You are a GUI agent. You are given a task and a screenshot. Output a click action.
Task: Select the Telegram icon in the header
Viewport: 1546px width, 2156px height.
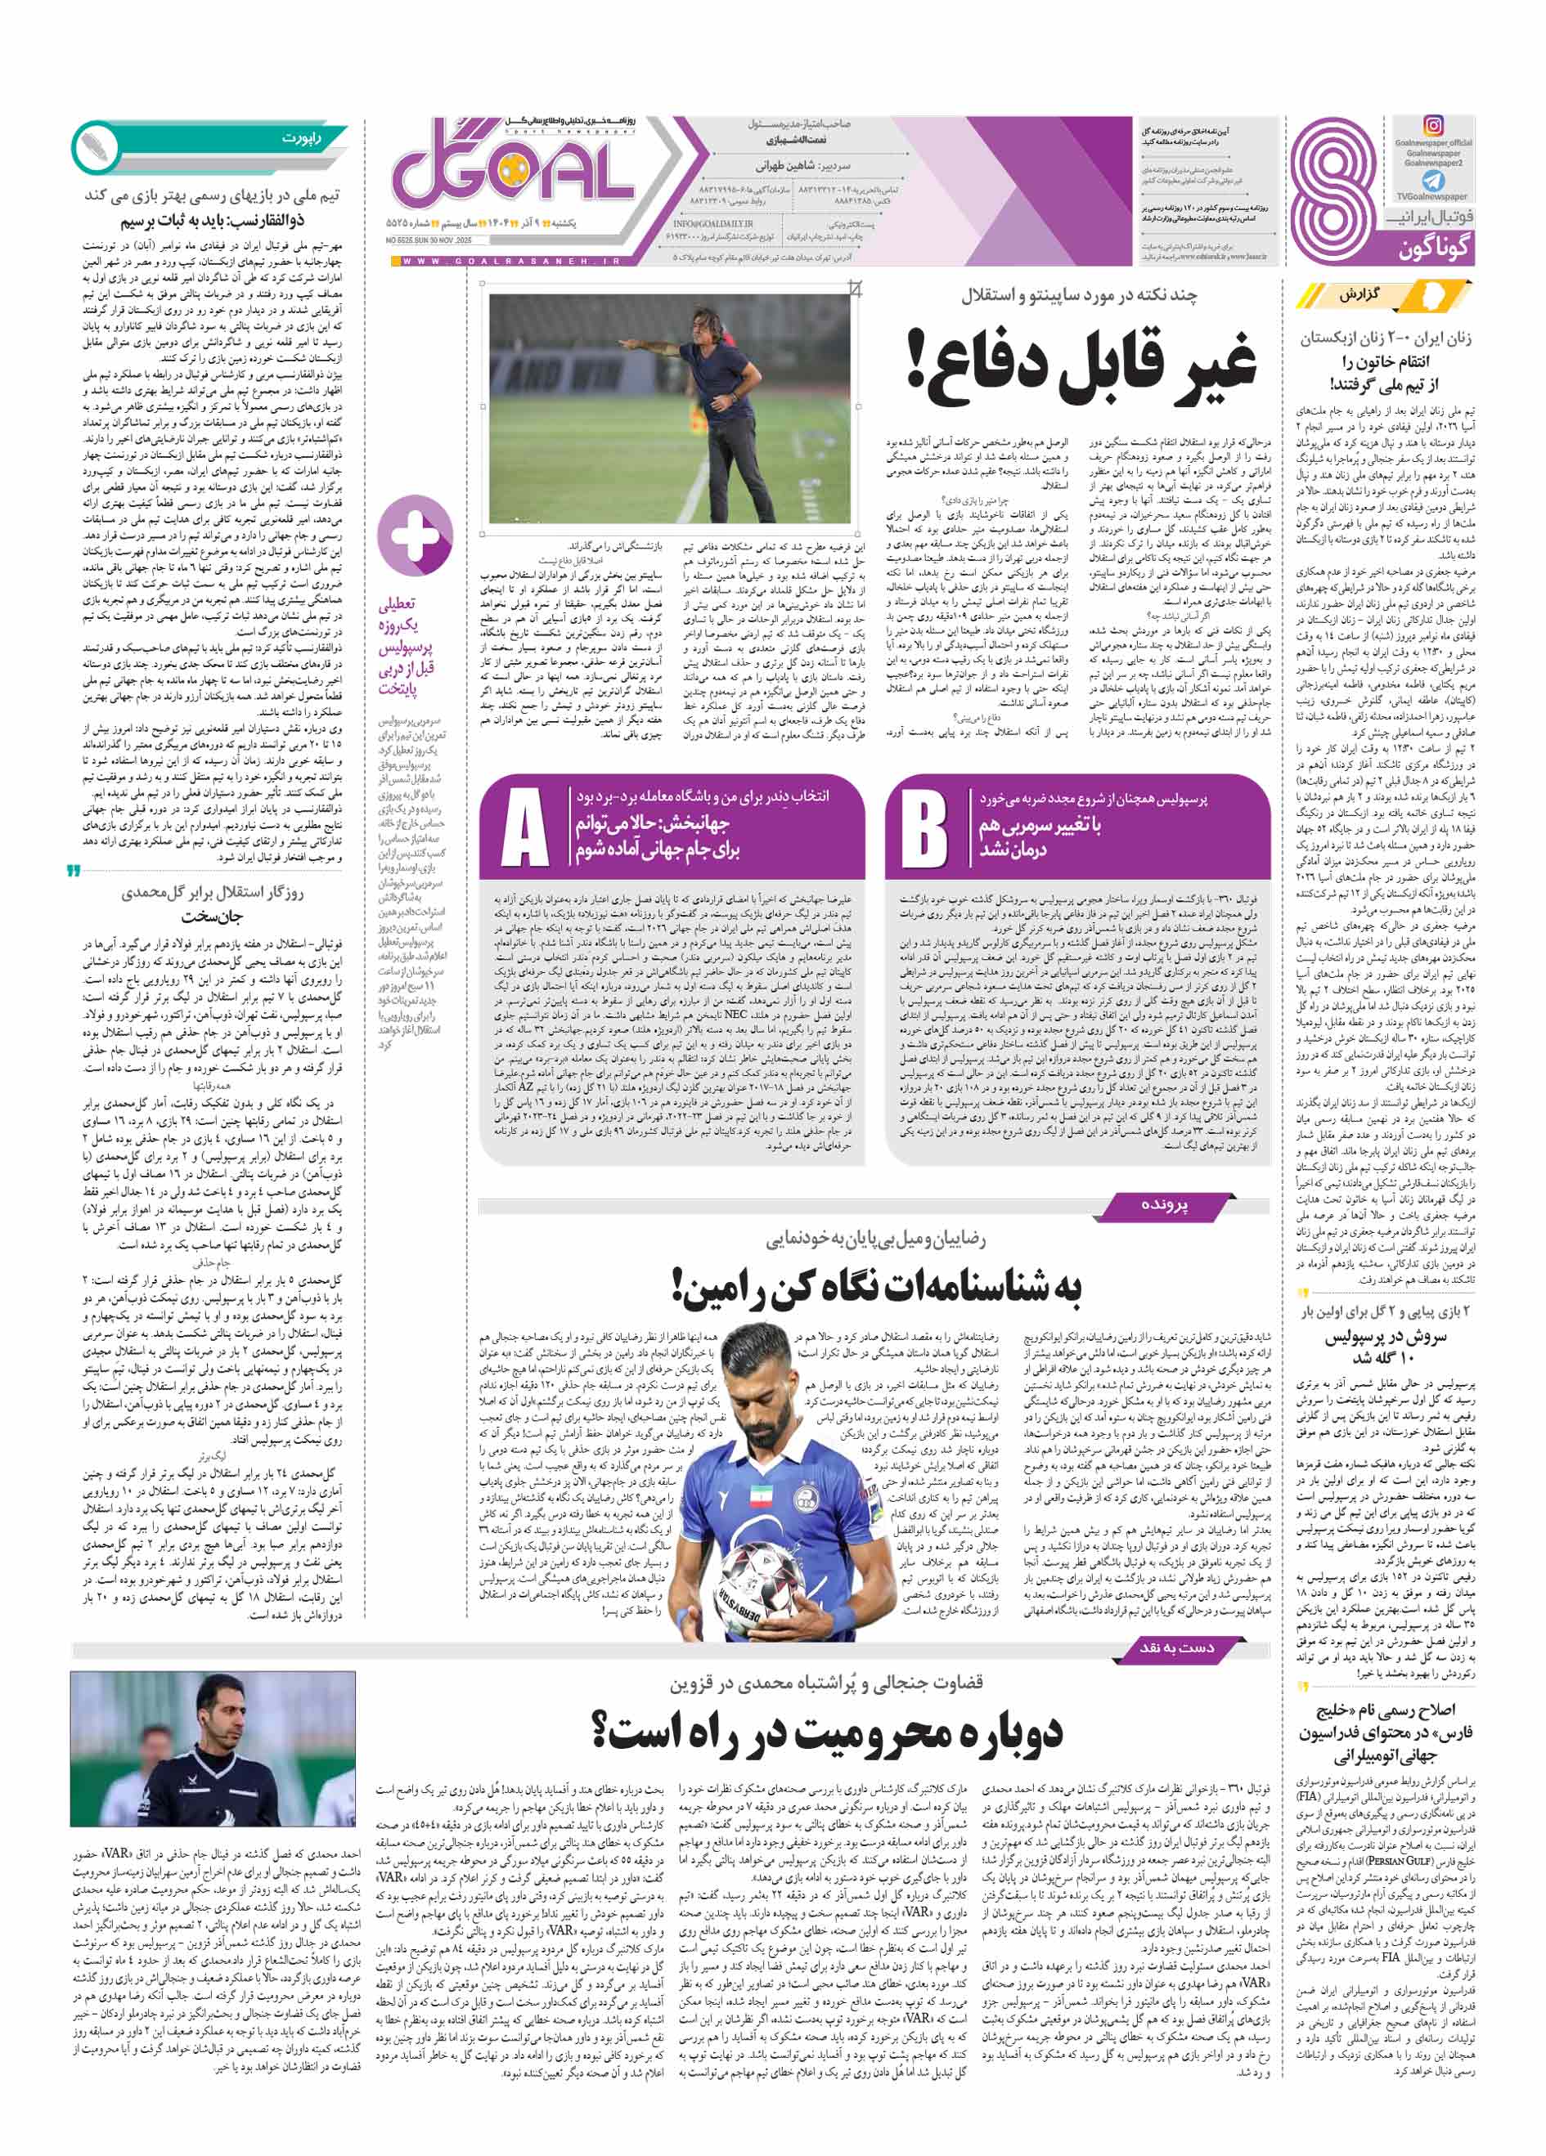1433,181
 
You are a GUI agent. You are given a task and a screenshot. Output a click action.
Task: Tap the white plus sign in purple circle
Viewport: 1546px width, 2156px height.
416,536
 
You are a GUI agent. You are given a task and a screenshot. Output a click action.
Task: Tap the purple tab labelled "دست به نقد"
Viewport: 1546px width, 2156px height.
1177,1647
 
